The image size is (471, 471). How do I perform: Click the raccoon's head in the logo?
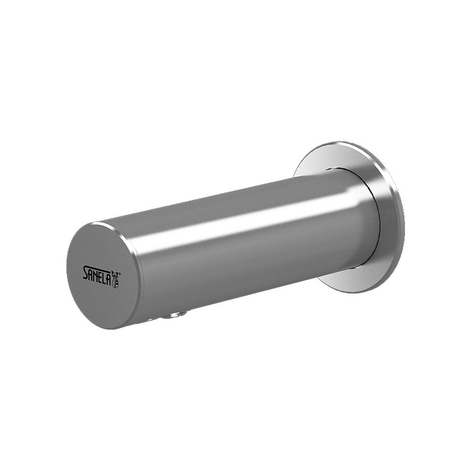point(114,273)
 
